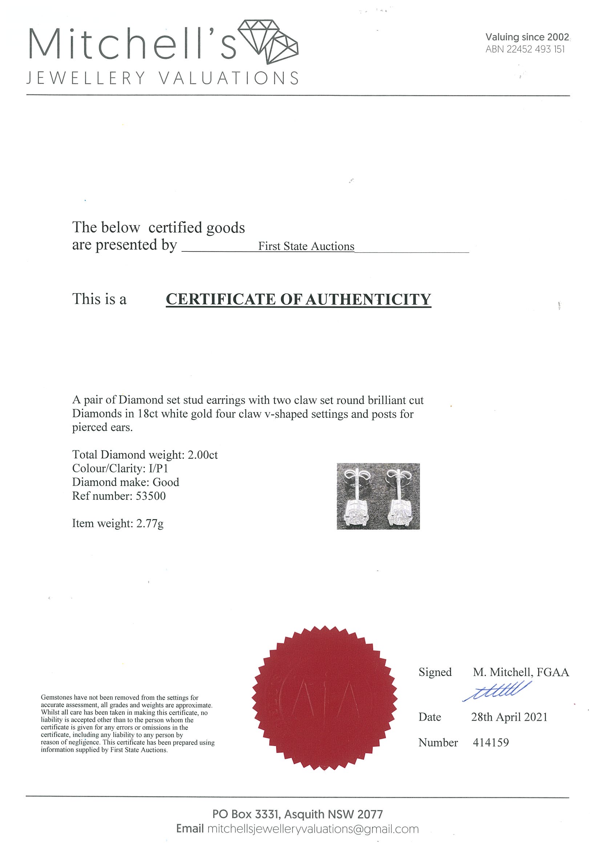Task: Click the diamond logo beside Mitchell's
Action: [x=268, y=41]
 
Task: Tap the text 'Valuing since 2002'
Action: [x=527, y=37]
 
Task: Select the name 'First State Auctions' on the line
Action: [x=306, y=246]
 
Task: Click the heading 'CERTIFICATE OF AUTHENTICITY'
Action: [x=298, y=299]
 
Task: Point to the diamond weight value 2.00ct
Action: [x=202, y=455]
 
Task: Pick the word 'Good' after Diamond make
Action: [x=166, y=482]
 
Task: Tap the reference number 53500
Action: [x=151, y=496]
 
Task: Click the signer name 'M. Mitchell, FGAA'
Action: [x=521, y=672]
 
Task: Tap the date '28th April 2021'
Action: [x=509, y=717]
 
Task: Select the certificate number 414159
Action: [x=491, y=742]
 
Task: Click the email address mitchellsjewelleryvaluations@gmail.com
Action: [x=313, y=829]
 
